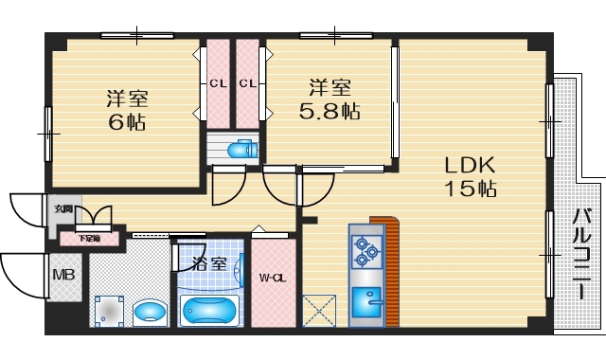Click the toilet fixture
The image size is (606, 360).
click(242, 149)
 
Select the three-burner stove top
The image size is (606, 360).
click(365, 250)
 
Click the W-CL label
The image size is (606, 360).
click(274, 279)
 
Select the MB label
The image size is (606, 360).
click(63, 276)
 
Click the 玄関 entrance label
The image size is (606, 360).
click(62, 209)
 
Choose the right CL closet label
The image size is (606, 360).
click(248, 83)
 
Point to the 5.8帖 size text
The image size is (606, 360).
click(330, 112)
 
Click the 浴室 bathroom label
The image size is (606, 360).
click(209, 263)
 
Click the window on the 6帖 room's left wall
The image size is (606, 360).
click(48, 133)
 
